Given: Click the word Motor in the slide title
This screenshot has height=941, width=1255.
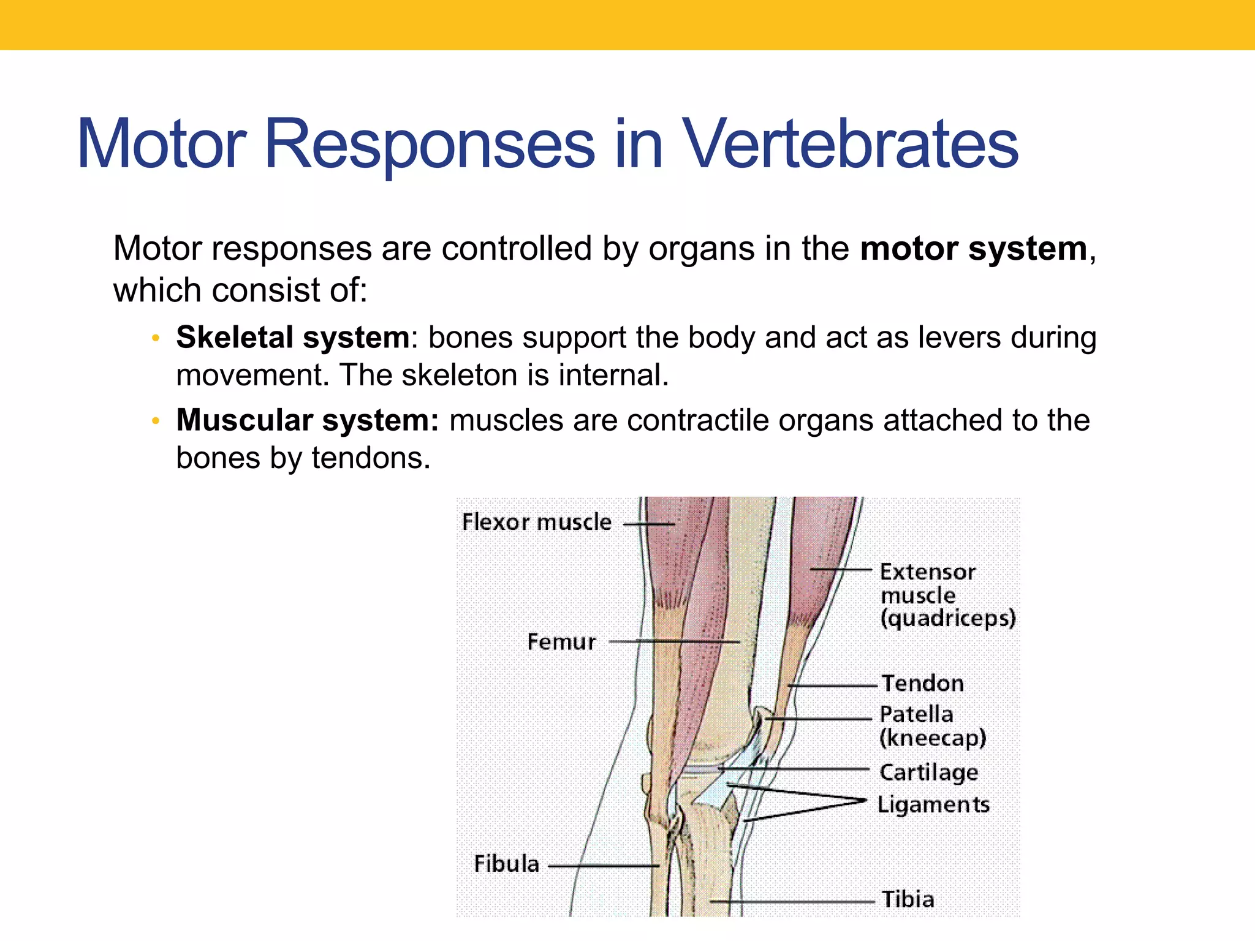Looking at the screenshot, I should click(161, 145).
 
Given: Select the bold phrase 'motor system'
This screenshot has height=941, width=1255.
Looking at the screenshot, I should click(974, 249).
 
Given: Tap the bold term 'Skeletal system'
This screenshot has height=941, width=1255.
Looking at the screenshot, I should click(293, 338).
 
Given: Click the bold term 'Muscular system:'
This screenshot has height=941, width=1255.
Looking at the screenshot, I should click(308, 421).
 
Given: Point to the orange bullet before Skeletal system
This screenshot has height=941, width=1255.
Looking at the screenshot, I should click(156, 338).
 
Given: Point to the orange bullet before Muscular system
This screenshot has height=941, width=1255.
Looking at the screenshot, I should click(156, 421).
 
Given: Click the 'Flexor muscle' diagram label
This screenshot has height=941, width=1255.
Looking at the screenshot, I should click(537, 522).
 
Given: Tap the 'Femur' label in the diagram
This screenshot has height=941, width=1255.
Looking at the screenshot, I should click(561, 642).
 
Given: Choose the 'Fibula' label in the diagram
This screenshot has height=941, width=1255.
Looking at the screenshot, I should click(507, 864).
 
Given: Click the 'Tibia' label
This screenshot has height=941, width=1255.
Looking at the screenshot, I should click(908, 899).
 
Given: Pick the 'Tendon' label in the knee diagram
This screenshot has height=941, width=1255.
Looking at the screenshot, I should click(923, 683).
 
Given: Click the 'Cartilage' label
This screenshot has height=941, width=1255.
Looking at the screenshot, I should click(929, 773).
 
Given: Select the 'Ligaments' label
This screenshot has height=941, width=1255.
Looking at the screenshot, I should click(933, 804).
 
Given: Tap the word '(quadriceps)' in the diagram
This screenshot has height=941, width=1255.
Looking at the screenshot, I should click(948, 618).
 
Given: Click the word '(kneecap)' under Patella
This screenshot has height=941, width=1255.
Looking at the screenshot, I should click(933, 738).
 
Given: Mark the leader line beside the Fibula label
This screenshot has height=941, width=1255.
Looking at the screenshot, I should click(604, 866).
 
